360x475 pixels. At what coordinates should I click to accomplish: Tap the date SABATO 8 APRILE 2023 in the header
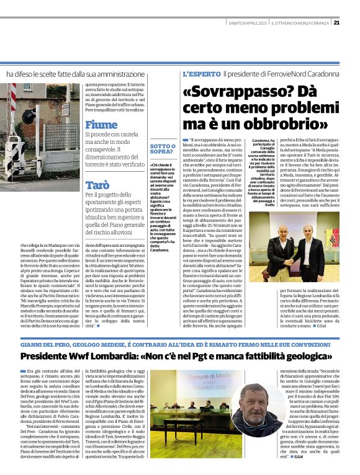point(247,23)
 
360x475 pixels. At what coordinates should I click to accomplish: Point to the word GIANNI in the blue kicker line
point(32,344)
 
